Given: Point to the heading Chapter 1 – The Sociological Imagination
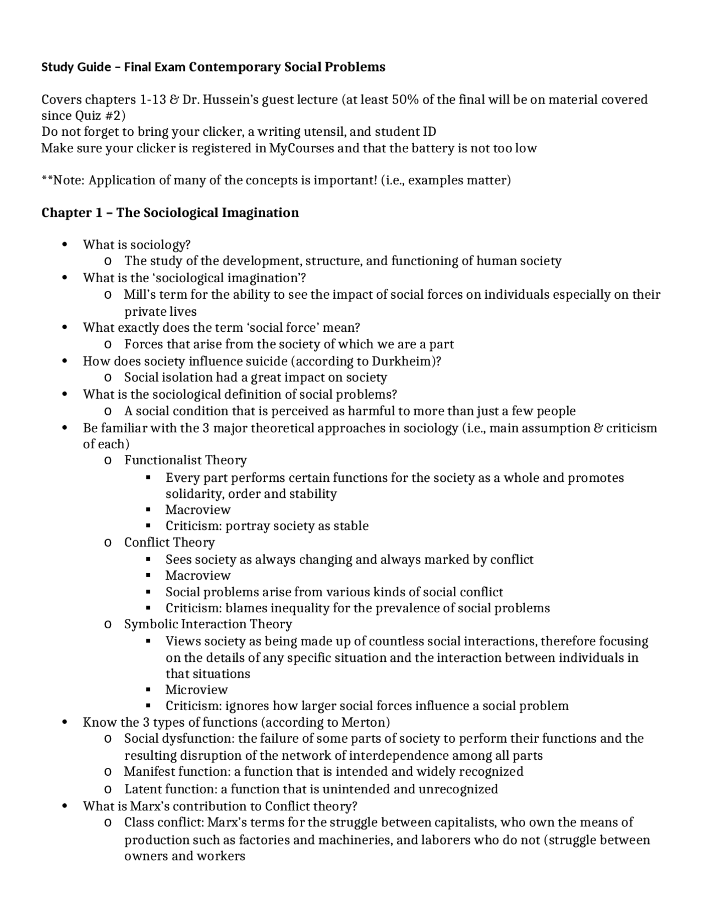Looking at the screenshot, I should (x=170, y=213).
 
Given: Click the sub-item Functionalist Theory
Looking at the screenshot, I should (x=185, y=460).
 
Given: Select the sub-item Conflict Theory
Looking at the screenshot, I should (x=169, y=542).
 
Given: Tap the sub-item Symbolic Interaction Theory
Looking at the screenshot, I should (x=208, y=624).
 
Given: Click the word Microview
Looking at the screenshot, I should (x=196, y=689).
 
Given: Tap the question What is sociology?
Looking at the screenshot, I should (x=136, y=245).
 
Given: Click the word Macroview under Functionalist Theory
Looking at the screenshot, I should (x=197, y=509).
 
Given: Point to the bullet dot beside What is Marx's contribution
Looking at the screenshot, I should (x=65, y=806).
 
